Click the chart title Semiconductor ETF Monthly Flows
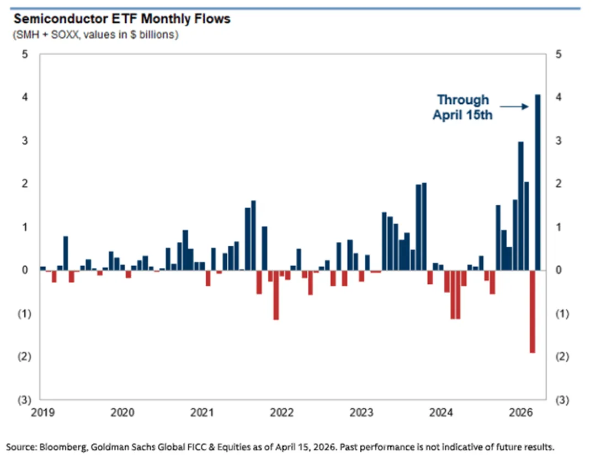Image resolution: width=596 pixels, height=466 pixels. pyautogui.click(x=122, y=19)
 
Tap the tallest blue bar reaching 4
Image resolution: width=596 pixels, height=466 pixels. pyautogui.click(x=538, y=182)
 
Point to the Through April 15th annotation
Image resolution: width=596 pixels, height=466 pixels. pyautogui.click(x=462, y=108)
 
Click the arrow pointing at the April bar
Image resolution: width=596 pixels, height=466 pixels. pyautogui.click(x=515, y=107)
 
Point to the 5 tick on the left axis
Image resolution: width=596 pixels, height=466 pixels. pyautogui.click(x=25, y=55)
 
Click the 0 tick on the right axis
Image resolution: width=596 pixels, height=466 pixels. pyautogui.click(x=559, y=270)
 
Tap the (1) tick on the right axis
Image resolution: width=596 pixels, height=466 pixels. pyautogui.click(x=561, y=314)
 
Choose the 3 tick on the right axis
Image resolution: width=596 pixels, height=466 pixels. pyautogui.click(x=559, y=141)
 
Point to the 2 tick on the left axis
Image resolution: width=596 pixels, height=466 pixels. pyautogui.click(x=25, y=184)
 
